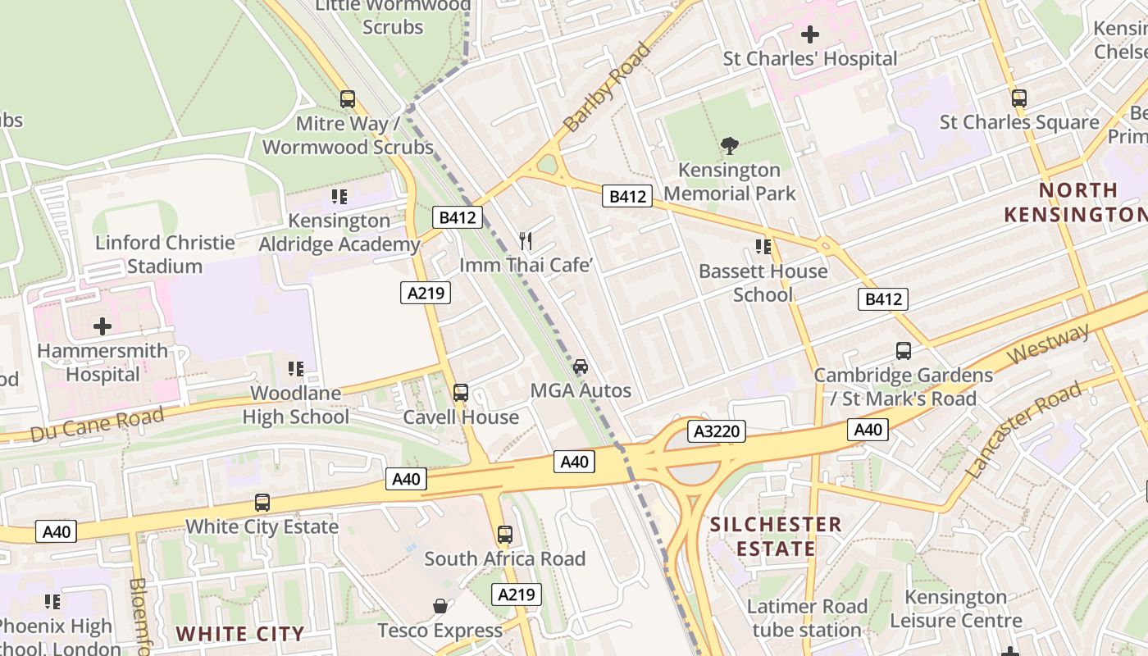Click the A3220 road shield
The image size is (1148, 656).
[x=717, y=431]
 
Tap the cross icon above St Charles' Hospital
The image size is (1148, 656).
[x=809, y=34]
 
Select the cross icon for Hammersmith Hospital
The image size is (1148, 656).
[x=102, y=326]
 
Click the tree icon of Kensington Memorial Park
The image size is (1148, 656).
[x=729, y=146]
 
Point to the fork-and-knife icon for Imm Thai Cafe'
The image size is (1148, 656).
[x=526, y=241]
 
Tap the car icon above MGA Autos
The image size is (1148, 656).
[x=581, y=366]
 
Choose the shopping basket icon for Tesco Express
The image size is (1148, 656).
[x=440, y=606]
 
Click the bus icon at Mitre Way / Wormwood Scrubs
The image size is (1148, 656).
[x=348, y=99]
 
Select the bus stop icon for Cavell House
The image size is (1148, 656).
[x=461, y=393]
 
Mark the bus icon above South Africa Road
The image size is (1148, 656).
[x=505, y=535]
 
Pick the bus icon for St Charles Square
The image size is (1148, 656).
[x=1019, y=98]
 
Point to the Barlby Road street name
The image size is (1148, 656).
[x=607, y=88]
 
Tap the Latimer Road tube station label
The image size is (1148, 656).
[x=807, y=618]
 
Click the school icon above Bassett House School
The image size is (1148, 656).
[x=763, y=247]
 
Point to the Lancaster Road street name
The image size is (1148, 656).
[x=1025, y=431]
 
